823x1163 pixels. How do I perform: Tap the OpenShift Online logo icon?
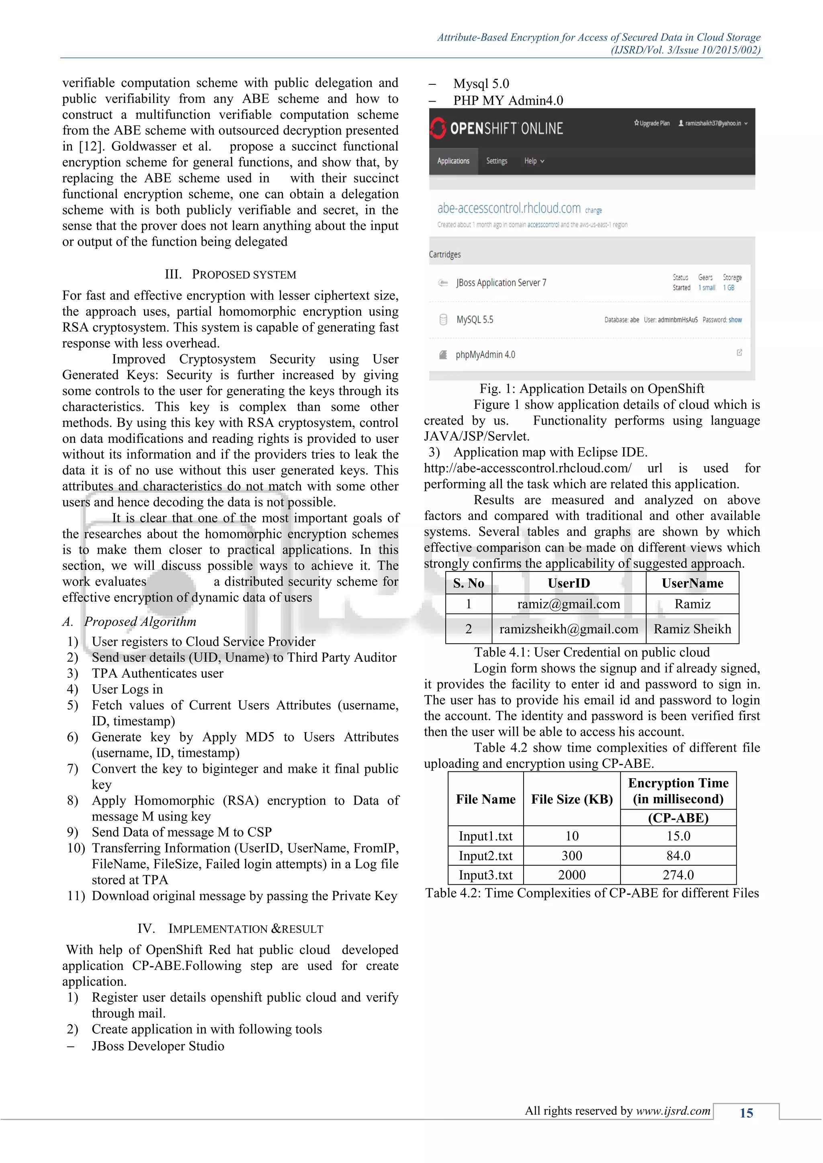(438, 128)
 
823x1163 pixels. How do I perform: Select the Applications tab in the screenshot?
(453, 161)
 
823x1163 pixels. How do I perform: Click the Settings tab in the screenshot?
(497, 161)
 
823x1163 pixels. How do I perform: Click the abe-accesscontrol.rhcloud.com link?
(509, 208)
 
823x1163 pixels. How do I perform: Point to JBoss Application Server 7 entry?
(501, 283)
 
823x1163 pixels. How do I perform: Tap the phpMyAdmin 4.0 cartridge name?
(485, 355)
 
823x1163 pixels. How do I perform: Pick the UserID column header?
(569, 583)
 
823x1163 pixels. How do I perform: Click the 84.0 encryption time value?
(678, 855)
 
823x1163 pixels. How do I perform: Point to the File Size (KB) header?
(572, 799)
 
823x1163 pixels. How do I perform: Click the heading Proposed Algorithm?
(140, 622)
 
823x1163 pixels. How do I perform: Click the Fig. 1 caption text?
(592, 388)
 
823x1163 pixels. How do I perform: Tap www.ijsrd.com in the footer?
(673, 1111)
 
